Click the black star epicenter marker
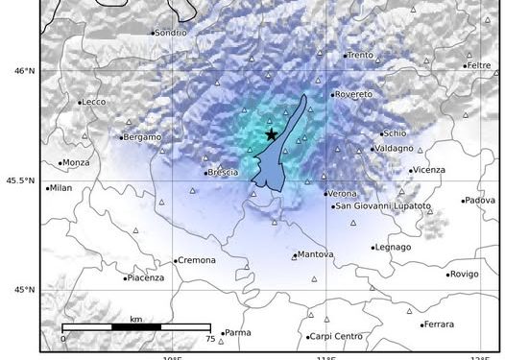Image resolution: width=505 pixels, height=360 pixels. pyautogui.click(x=272, y=134)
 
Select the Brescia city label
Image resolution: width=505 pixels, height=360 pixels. pyautogui.click(x=223, y=173)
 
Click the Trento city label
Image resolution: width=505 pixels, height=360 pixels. pyautogui.click(x=360, y=55)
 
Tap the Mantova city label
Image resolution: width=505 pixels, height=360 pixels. pyautogui.click(x=316, y=254)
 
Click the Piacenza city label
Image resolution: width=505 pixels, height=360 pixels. pyautogui.click(x=146, y=278)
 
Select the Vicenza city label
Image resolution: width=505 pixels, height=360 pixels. pyautogui.click(x=429, y=170)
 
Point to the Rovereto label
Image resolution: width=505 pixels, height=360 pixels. pyautogui.click(x=353, y=94)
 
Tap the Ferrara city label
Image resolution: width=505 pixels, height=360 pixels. pyautogui.click(x=439, y=324)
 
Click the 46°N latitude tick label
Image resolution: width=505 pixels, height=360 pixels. pyautogui.click(x=23, y=70)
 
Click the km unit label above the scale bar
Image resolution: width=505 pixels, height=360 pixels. pyautogui.click(x=136, y=318)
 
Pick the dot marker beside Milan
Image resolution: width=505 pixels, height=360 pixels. pyautogui.click(x=47, y=188)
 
